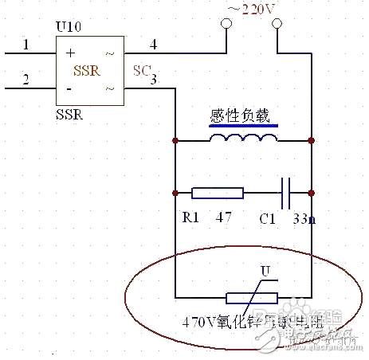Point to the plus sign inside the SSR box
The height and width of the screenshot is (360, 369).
coord(70,54)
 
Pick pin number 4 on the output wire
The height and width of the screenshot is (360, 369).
coord(154,45)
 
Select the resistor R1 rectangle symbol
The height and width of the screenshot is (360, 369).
coord(218,193)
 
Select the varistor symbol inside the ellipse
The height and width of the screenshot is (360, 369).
coord(252,299)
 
